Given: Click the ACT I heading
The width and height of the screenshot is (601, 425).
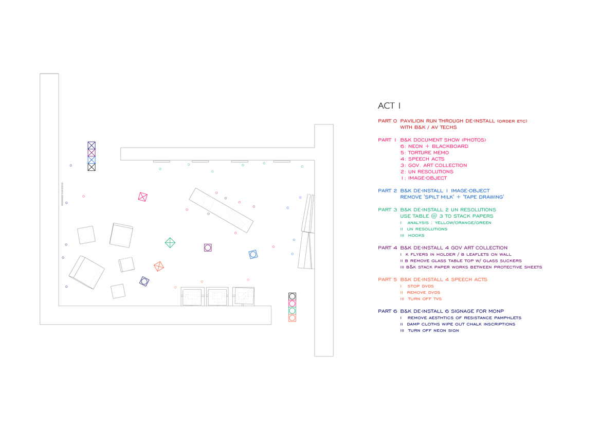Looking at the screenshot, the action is point(389,106).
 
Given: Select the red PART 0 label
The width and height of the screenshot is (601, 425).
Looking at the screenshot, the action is point(387,121).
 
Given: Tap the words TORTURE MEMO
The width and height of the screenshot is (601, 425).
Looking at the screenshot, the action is point(428,153).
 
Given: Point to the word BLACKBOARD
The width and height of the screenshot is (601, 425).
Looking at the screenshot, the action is point(450,146).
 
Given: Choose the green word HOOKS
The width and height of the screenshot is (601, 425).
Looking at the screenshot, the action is point(416,235).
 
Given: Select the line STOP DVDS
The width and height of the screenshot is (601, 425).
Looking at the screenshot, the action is point(421,286).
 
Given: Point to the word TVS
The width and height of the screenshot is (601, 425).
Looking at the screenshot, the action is point(436,299).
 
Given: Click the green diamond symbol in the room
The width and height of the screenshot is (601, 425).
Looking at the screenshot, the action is point(170,243).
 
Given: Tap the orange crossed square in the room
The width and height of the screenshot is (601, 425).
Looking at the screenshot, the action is point(159,266).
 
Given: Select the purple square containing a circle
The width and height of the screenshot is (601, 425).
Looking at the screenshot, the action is point(208,247).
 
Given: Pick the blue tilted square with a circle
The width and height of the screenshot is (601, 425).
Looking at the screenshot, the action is point(253,254).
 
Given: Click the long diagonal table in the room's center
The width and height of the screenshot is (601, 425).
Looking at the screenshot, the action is point(221,210).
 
